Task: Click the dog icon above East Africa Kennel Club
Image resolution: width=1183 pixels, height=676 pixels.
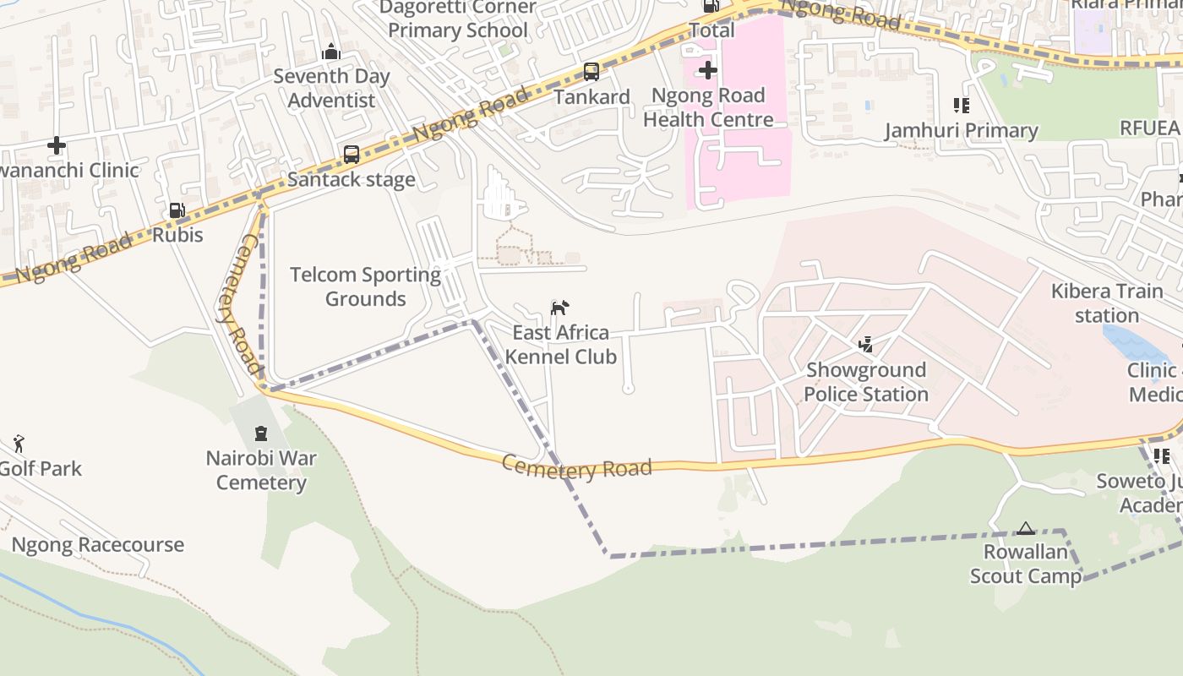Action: pos(559,308)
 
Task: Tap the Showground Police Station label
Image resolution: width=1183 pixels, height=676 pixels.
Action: pos(865,382)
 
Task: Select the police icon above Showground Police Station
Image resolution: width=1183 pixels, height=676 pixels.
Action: pos(865,344)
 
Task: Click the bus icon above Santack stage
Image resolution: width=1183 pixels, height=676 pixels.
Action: pos(352,155)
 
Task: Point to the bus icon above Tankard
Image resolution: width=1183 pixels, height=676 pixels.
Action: pos(591,72)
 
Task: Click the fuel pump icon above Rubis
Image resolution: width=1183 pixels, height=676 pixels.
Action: pos(177,210)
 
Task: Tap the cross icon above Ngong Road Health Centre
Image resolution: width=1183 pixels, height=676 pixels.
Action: pos(708,70)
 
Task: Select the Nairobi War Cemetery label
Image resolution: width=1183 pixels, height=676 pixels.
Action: pos(261,471)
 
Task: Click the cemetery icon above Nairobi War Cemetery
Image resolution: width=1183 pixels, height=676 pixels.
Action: pos(261,433)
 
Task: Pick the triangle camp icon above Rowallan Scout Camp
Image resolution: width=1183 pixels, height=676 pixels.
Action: pos(1026,529)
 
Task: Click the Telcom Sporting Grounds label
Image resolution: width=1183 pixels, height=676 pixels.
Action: pos(366,286)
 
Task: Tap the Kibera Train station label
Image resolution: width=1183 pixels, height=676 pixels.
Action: pos(1107,303)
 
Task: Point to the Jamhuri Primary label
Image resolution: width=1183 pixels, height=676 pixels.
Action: pos(961,131)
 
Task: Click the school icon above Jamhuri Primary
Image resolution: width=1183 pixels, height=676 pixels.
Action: pos(961,106)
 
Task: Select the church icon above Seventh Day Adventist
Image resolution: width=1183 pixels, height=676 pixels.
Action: pos(331,52)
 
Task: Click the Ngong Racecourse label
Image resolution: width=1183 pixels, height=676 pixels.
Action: pos(98,545)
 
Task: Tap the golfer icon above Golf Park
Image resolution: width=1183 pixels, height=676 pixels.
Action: pos(19,443)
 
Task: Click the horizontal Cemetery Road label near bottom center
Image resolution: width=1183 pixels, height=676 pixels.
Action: pos(576,468)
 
